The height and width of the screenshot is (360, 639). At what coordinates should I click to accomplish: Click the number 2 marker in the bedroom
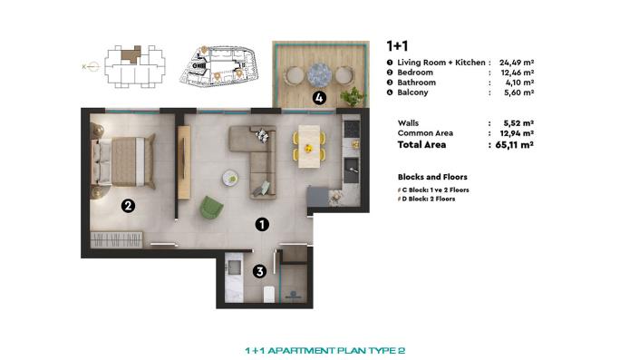[x=129, y=206]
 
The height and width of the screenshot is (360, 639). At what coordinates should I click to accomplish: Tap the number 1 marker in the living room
[x=260, y=222]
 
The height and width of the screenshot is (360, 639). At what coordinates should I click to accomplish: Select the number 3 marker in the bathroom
[x=259, y=270]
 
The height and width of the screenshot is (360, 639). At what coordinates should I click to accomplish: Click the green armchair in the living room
[x=210, y=208]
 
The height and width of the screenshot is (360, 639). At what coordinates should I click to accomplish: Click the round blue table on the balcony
[x=320, y=73]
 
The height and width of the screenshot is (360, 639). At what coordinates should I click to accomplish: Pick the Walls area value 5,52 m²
[x=515, y=122]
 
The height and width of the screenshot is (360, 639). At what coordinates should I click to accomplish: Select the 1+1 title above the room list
[x=395, y=44]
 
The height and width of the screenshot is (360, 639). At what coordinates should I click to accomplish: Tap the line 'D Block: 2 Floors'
[x=429, y=199]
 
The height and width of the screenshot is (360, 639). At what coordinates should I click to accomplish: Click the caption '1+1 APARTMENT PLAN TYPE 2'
[x=319, y=349]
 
